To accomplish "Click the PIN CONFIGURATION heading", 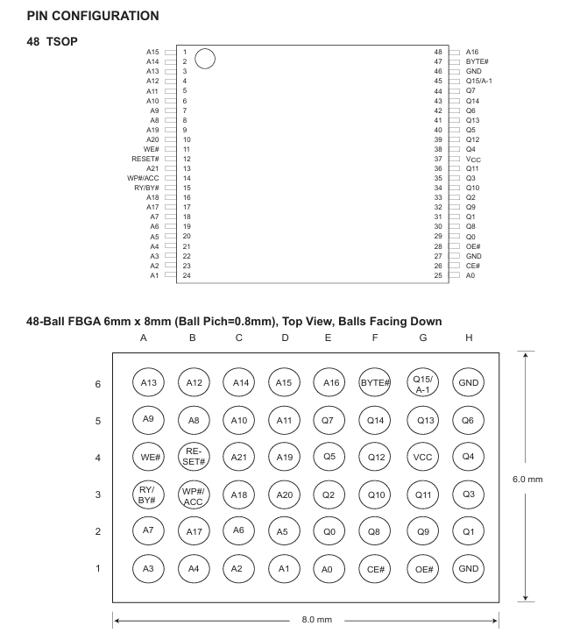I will point(81,16).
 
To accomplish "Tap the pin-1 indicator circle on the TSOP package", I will point(205,60).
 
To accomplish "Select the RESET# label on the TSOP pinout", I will point(145,159).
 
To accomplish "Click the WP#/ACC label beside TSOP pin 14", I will point(143,178).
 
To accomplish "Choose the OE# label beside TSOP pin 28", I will point(472,246).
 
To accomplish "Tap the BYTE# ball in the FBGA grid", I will point(374,381).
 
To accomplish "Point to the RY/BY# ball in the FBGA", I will point(148,494).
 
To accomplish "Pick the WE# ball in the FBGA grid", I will point(149,456).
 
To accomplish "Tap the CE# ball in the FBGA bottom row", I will point(375,568).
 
